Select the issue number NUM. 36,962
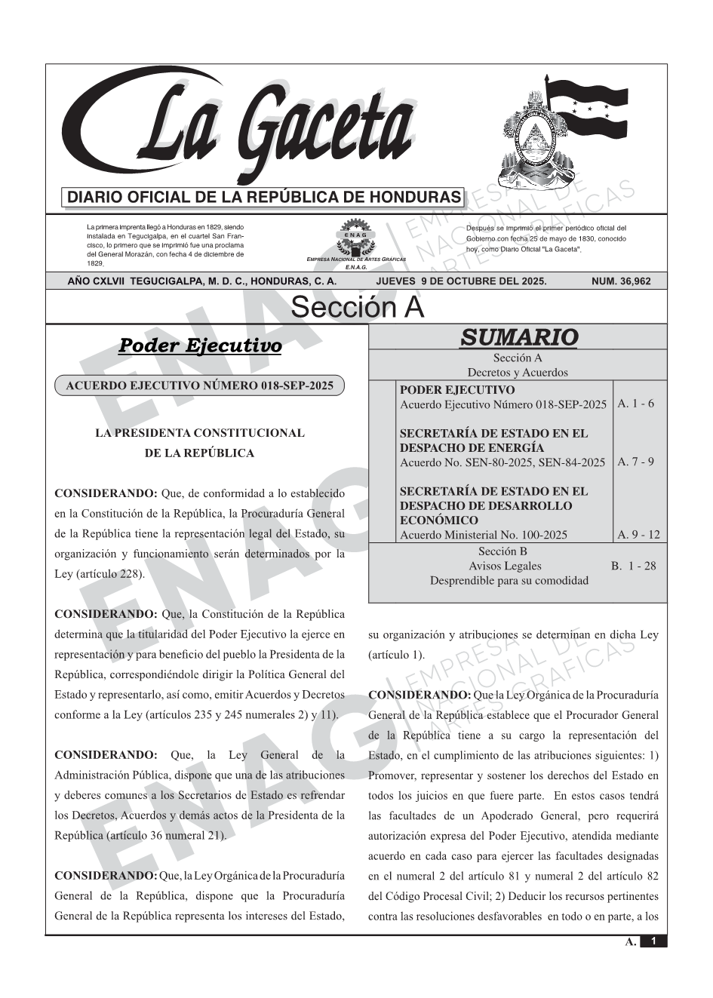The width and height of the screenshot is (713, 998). point(621,281)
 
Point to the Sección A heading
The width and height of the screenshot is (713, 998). point(357,308)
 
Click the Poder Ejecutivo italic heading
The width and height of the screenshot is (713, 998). point(200,345)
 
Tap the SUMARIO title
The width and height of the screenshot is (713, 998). point(518,337)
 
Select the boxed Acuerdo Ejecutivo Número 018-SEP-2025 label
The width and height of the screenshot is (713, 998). point(199,385)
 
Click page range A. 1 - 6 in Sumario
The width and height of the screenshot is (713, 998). point(635,404)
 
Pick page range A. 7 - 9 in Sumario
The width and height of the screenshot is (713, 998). point(635,462)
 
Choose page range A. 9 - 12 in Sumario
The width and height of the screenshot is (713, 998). point(638,535)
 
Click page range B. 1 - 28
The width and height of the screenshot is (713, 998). point(633,566)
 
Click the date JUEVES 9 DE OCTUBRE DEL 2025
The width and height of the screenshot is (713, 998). point(461,281)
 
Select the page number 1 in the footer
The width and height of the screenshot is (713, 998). point(653,941)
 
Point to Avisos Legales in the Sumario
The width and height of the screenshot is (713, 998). point(505,566)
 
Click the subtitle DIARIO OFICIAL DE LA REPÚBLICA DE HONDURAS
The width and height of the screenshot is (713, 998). point(264,198)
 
